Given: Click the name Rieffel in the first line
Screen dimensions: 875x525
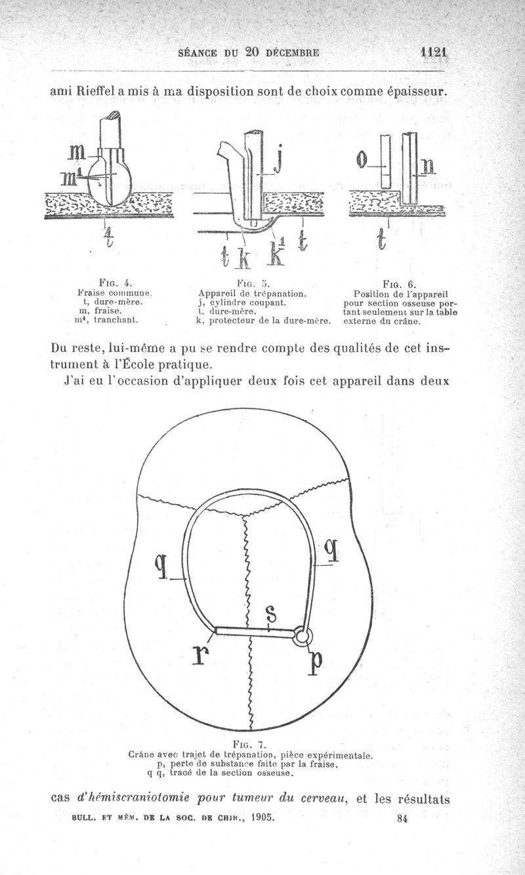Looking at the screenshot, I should pos(98,92).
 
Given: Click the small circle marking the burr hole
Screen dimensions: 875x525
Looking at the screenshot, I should pos(303,634).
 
